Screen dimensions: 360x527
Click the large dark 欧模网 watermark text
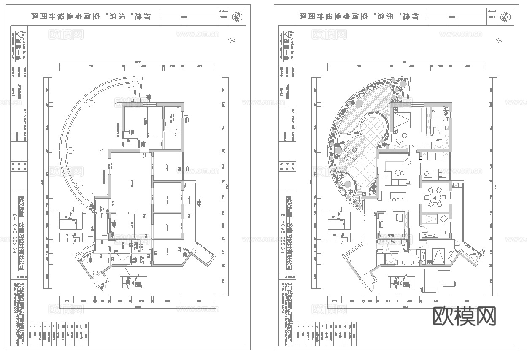[464, 316]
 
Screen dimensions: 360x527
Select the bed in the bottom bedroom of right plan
[439, 255]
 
